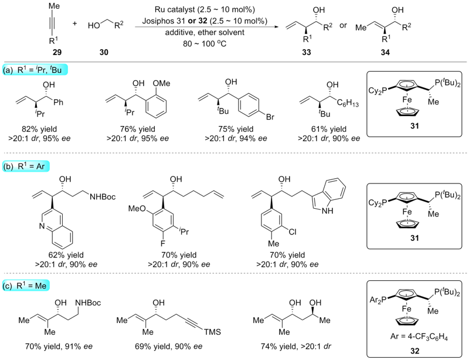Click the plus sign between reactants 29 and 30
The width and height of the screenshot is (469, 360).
point(74,25)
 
